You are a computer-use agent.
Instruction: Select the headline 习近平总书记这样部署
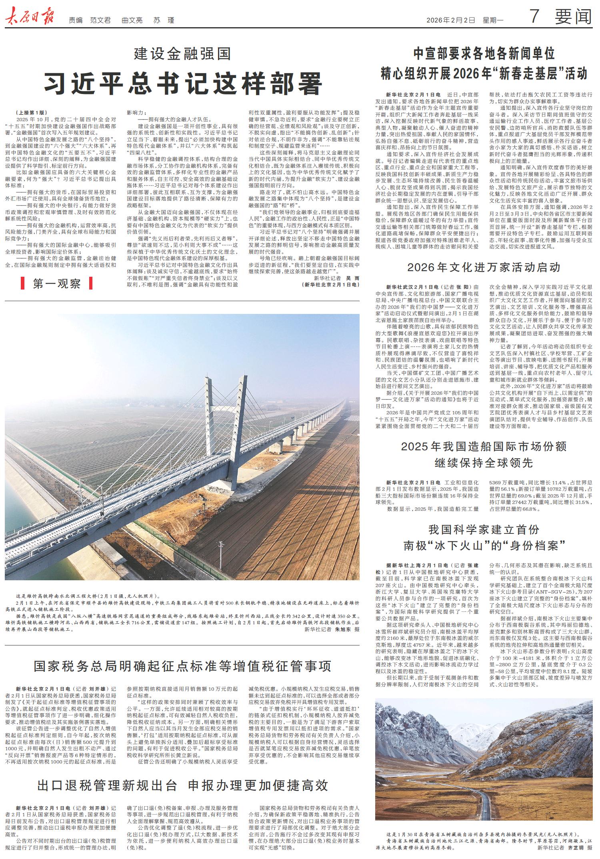[x=183, y=83]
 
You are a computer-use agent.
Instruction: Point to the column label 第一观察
[x=57, y=284]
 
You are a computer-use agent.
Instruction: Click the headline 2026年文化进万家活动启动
[x=484, y=267]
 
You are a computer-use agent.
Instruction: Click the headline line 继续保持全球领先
[x=484, y=463]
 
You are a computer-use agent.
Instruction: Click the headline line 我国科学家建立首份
[x=484, y=530]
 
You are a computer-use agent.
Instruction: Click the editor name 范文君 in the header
[x=100, y=20]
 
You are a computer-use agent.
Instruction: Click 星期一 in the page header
[x=492, y=20]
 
